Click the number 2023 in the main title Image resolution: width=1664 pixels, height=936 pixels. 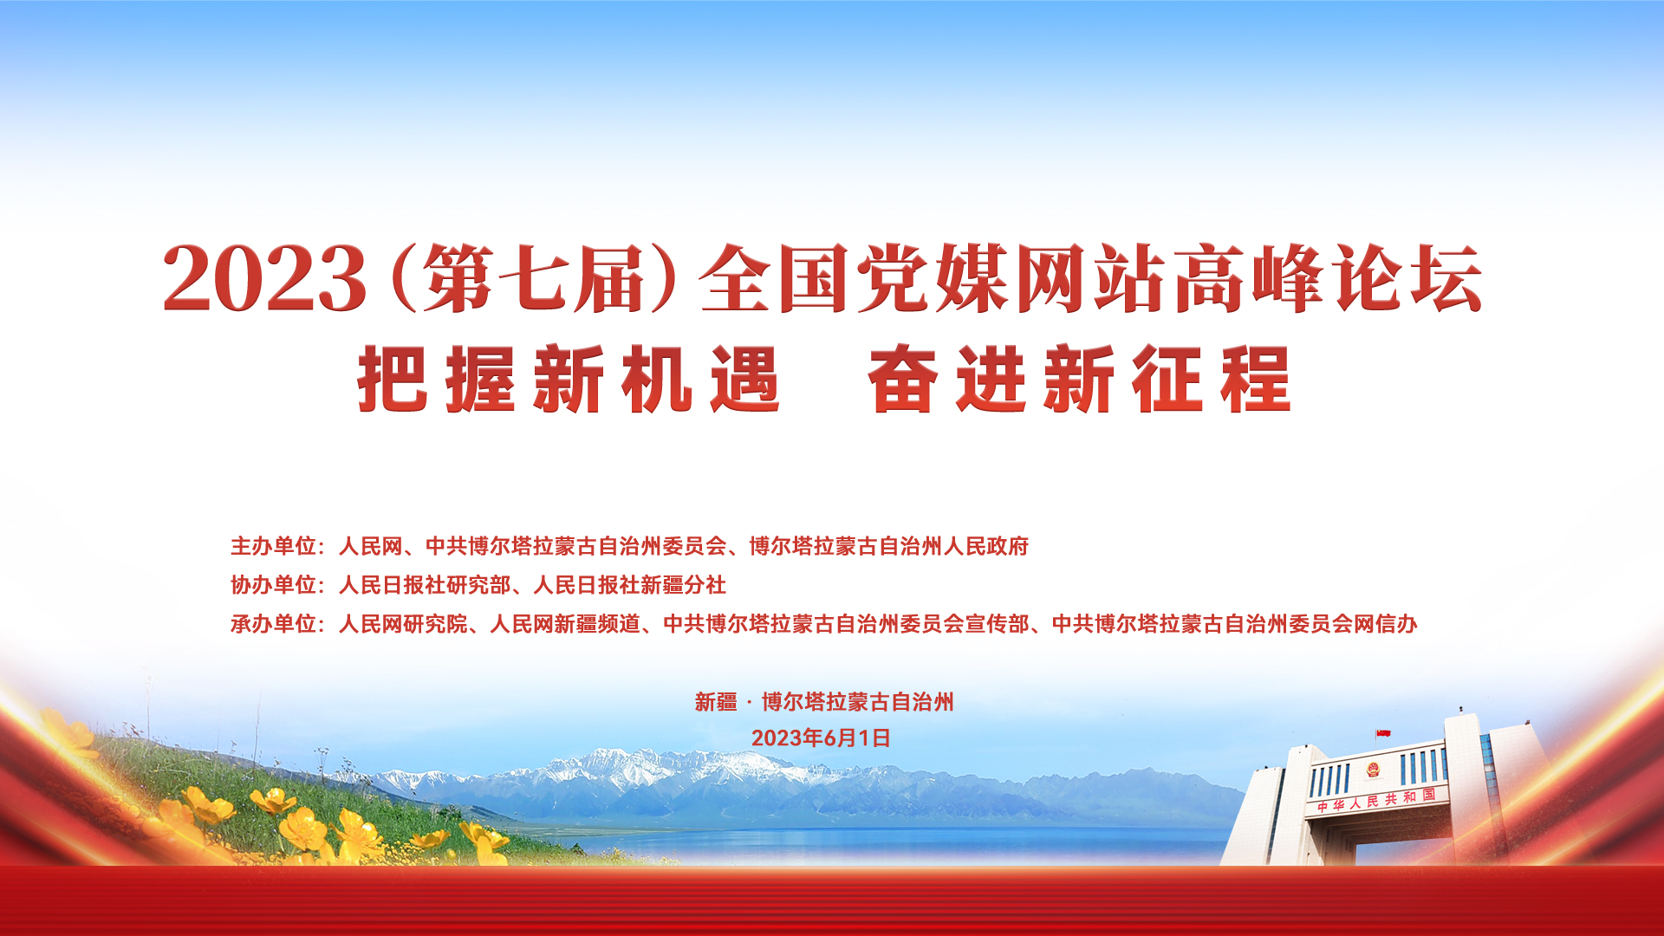coord(264,278)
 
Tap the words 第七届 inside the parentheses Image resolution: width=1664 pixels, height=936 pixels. coord(533,278)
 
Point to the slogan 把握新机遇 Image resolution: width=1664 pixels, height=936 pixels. coord(569,380)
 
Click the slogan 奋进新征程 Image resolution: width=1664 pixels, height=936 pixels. coord(1080,380)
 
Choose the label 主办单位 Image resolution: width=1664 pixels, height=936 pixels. coord(273,546)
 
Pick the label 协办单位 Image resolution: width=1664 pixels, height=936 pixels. coord(273,585)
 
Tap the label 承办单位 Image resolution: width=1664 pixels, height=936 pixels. coord(273,624)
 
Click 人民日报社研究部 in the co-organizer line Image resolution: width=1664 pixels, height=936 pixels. coord(424,585)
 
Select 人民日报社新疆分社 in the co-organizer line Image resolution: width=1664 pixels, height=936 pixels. coord(629,585)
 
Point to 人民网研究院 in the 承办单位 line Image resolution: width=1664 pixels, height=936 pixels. coord(403,624)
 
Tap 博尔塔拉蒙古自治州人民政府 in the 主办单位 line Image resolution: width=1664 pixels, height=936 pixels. coord(888,546)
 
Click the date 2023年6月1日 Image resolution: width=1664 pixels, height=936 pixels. coord(821,738)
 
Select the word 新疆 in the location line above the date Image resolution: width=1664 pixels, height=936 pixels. coord(716,702)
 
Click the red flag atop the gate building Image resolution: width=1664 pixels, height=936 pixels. coord(1383,734)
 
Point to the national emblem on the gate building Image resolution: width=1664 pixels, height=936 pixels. coord(1373,770)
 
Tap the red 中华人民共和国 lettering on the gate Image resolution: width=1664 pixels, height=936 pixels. coord(1376,800)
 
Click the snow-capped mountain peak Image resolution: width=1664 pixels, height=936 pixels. coord(659,763)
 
